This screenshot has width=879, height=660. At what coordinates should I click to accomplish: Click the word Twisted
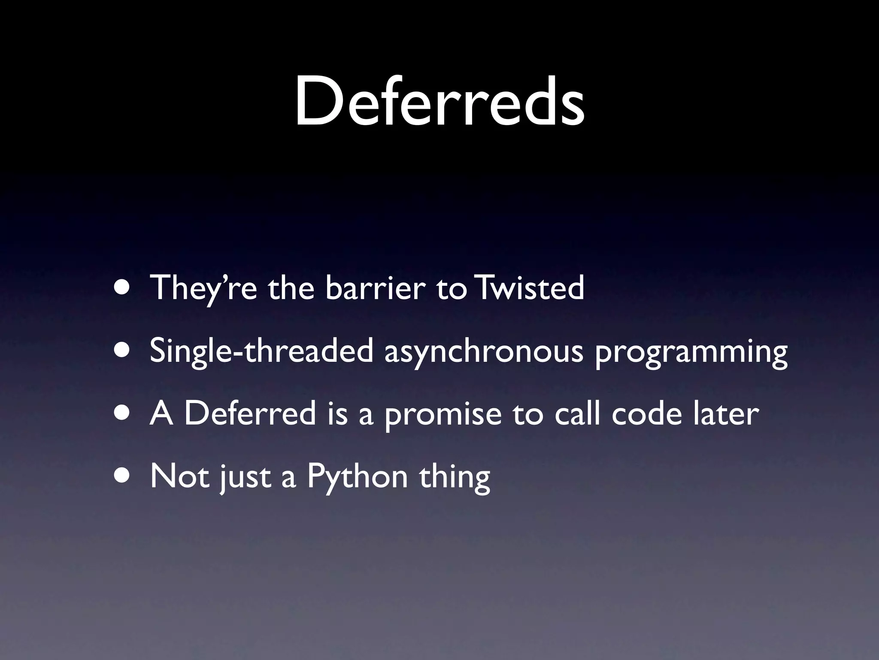click(531, 288)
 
